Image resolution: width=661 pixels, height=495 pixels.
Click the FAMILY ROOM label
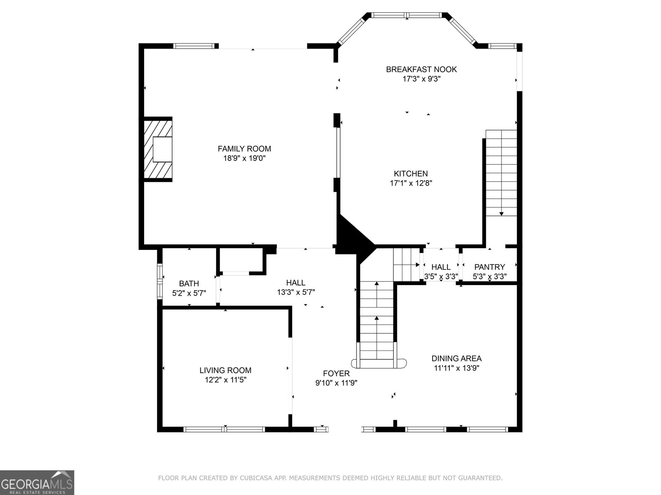(x=244, y=148)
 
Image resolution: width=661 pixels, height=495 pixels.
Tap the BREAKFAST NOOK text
(x=421, y=69)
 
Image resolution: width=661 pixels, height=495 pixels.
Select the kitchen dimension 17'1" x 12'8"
(x=411, y=183)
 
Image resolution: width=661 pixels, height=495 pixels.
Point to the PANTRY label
(x=489, y=267)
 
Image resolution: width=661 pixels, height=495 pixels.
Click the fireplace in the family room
(x=158, y=149)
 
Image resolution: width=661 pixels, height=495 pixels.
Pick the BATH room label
(x=189, y=283)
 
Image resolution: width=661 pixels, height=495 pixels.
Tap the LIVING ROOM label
(x=225, y=370)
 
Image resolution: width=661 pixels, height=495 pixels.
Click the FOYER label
(x=336, y=373)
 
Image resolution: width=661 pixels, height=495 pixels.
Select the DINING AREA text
(x=456, y=358)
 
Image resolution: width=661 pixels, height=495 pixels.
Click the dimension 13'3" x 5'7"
(x=296, y=292)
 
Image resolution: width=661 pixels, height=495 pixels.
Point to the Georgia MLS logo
(x=37, y=482)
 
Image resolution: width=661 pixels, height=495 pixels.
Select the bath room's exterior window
(x=159, y=281)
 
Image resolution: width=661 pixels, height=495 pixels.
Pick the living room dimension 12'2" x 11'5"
(x=225, y=380)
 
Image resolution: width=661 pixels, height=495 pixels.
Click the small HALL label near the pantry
(x=441, y=267)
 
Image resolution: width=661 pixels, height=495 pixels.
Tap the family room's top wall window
(x=195, y=46)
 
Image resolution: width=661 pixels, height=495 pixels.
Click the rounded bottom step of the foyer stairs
(x=379, y=363)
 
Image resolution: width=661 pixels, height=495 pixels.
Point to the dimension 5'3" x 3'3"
(x=489, y=276)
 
